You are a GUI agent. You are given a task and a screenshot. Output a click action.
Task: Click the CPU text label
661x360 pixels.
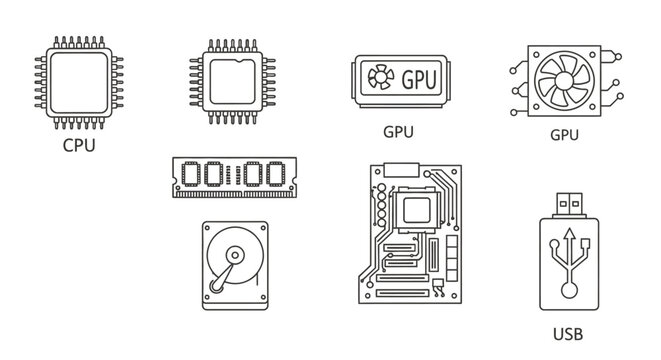78,145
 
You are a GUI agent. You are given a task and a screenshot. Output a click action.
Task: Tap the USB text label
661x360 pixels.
567,333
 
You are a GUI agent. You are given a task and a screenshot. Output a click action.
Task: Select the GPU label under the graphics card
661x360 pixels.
399,131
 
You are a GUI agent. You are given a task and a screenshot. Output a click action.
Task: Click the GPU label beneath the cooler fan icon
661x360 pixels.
565,133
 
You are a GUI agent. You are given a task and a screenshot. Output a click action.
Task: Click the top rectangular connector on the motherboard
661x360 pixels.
398,167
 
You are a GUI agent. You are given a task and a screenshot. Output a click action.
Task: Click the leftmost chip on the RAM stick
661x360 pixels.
191,176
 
